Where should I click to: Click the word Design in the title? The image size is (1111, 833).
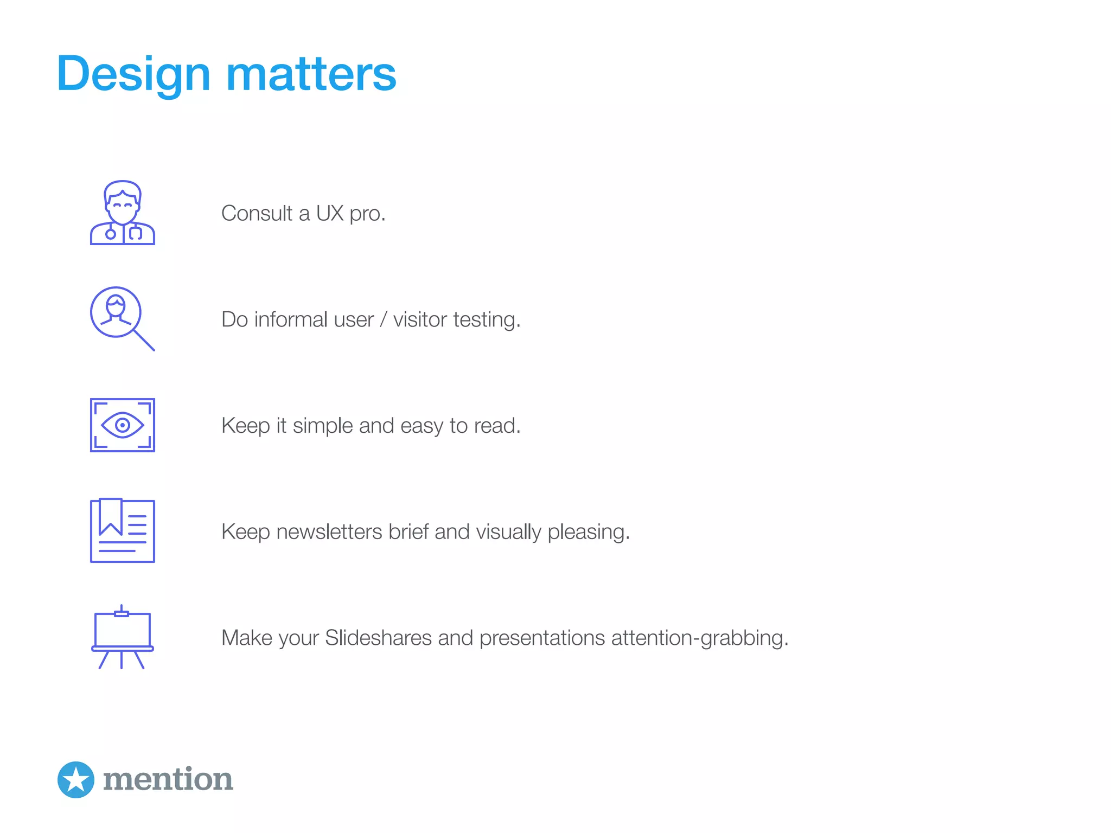(x=133, y=74)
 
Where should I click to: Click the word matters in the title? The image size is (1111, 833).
(x=311, y=74)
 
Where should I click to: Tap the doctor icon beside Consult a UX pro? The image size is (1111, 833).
(x=123, y=213)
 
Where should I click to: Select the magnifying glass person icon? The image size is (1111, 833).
(x=120, y=317)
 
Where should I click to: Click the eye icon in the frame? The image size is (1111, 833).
(x=123, y=425)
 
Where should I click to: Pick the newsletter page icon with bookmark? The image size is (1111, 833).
(x=123, y=531)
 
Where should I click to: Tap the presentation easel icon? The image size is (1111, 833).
(x=123, y=637)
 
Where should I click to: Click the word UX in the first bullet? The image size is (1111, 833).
(x=330, y=213)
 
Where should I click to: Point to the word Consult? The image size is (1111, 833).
(x=257, y=213)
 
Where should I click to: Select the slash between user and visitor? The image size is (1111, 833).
(x=383, y=319)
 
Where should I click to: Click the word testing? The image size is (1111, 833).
(x=486, y=321)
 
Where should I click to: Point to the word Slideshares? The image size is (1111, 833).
(x=378, y=638)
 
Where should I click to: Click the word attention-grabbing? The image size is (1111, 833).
(x=699, y=638)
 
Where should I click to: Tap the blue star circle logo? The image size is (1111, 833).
(x=76, y=779)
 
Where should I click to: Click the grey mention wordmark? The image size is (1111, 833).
(x=168, y=779)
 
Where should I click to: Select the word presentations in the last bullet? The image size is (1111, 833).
(x=542, y=638)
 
